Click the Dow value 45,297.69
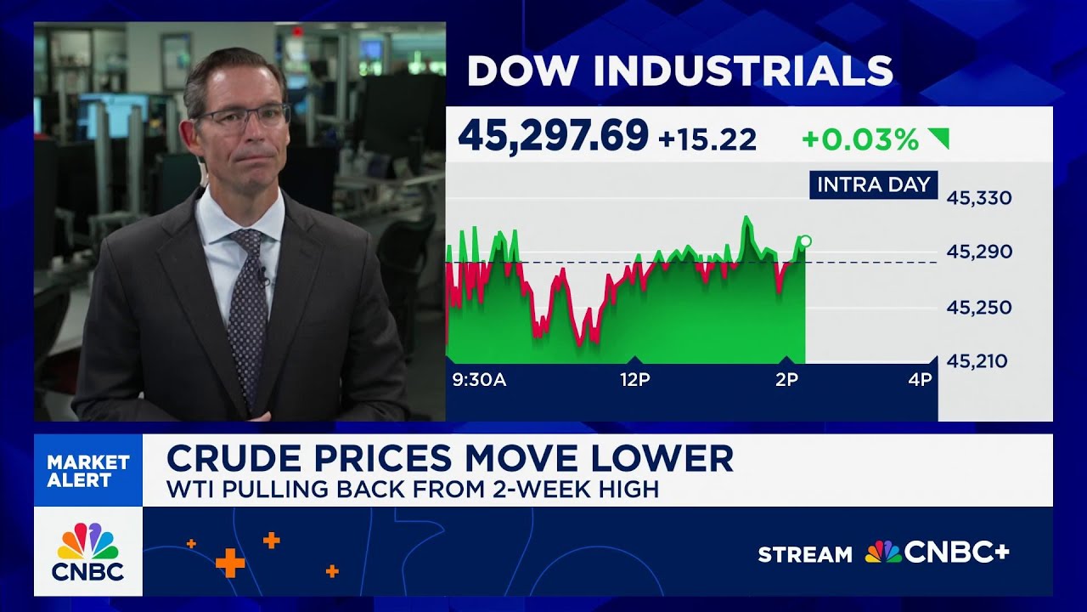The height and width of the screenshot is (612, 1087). pos(553,136)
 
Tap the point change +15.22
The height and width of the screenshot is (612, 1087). pos(707,139)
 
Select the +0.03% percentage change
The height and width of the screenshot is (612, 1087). pos(860,139)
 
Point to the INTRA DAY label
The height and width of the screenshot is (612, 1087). pos(873,184)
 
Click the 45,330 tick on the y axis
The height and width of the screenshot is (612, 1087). pos(979,198)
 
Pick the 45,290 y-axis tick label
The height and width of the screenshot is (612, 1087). pos(979,252)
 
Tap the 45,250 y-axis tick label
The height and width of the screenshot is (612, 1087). pos(979,307)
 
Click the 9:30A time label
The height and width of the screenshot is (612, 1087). pos(479,380)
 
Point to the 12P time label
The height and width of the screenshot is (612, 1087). pos(634,380)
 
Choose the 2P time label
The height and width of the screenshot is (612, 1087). pos(786,380)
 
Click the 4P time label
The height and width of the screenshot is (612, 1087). pos(920,380)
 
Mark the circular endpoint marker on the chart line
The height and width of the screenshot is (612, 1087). pos(805,241)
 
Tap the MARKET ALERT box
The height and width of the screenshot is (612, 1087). pos(88,471)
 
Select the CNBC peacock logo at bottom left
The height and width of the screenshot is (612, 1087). pos(88,541)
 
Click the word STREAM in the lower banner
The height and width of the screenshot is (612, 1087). pos(804,555)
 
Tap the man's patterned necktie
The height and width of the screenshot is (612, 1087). pos(248,314)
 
